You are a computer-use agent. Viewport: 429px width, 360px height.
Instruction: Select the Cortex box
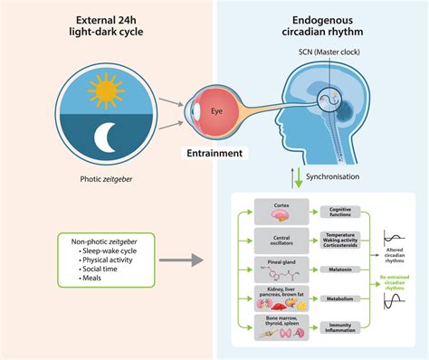(x=281, y=209)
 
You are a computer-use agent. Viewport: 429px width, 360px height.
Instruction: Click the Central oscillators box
(x=281, y=239)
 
